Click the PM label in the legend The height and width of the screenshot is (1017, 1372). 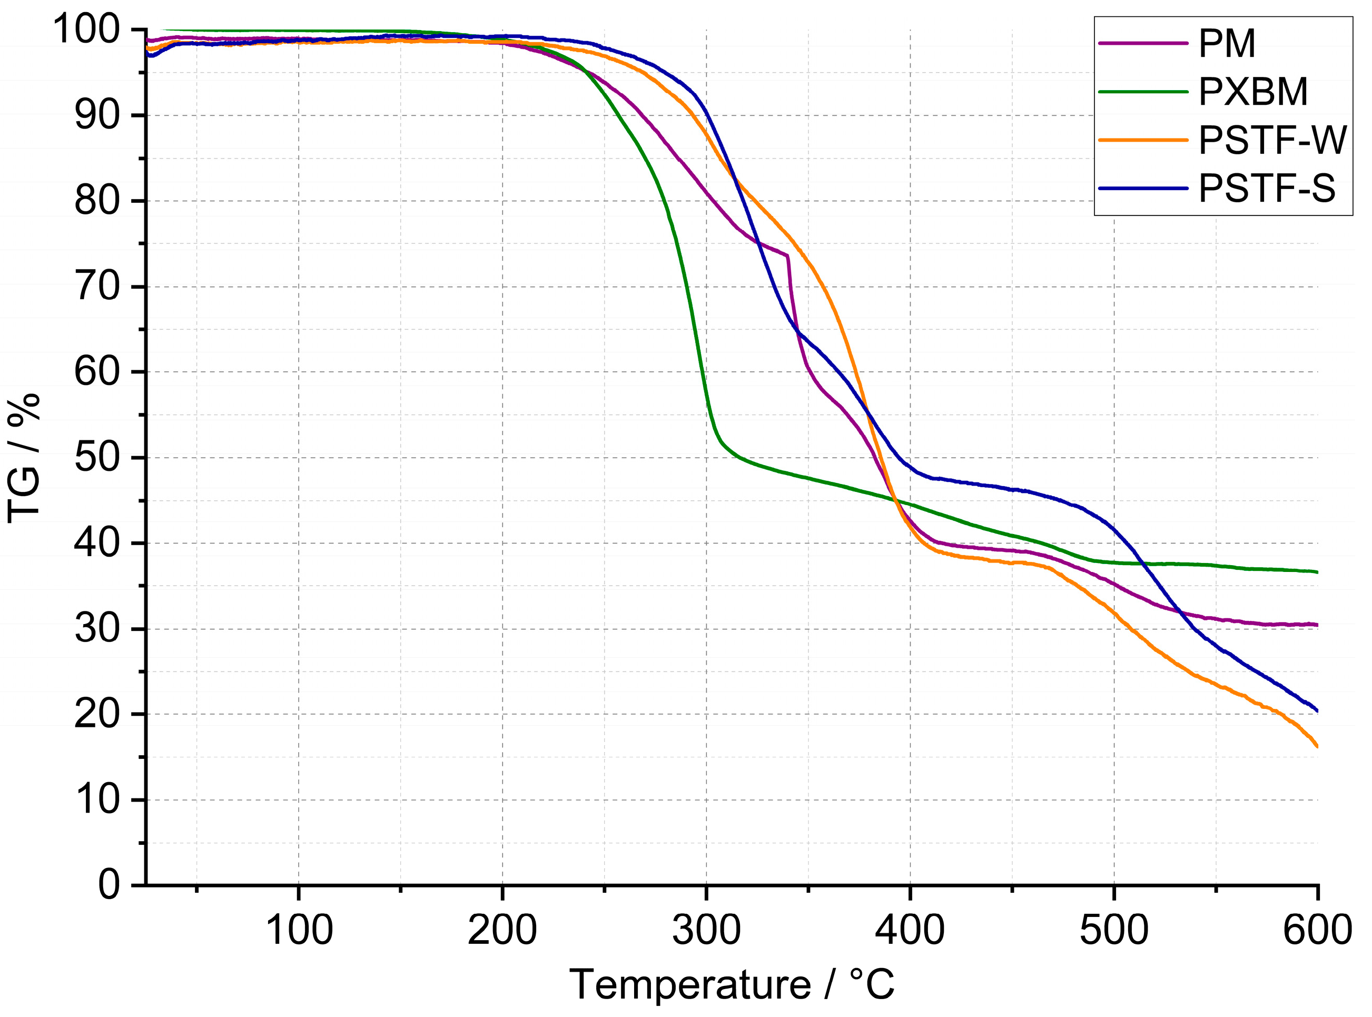(1226, 44)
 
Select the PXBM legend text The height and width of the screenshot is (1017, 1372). (1252, 92)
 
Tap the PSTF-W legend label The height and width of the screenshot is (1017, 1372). (1272, 141)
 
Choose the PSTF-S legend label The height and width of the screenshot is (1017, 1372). (1267, 189)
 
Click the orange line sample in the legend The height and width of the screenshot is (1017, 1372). (1142, 141)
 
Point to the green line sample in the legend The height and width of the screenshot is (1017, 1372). (1142, 92)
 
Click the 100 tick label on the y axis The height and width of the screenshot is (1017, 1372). (86, 29)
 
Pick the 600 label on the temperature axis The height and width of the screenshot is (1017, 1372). (1317, 930)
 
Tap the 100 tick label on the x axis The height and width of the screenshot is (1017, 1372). (299, 930)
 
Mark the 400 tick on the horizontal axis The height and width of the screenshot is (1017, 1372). (910, 930)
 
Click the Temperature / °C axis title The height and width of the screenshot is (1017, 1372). (731, 985)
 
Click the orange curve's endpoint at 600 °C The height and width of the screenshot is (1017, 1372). (1317, 747)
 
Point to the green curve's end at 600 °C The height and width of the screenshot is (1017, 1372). (1317, 572)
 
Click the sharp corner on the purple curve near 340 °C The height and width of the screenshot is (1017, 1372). (787, 255)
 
